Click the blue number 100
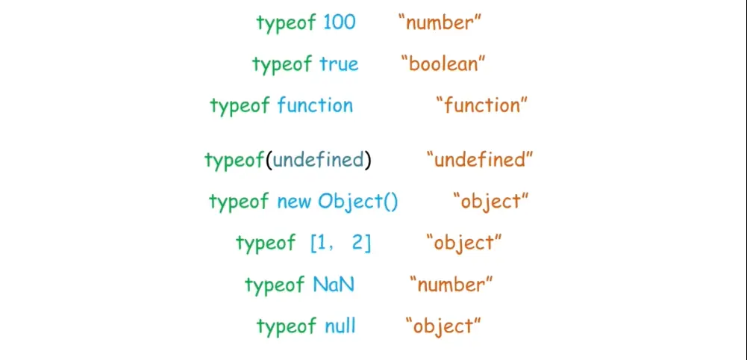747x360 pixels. point(340,22)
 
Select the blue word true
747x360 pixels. point(340,64)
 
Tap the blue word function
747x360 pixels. point(315,105)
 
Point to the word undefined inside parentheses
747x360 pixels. point(319,160)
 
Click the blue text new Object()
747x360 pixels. point(337,202)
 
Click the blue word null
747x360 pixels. point(340,326)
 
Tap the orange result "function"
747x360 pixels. point(482,105)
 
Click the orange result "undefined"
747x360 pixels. point(480,160)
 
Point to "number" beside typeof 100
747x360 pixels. point(440,22)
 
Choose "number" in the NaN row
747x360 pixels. point(451,285)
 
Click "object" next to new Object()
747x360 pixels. point(491,202)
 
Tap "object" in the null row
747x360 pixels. point(443,326)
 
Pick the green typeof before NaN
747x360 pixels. point(275,285)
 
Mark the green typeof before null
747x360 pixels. point(286,326)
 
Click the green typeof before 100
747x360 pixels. point(286,23)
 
